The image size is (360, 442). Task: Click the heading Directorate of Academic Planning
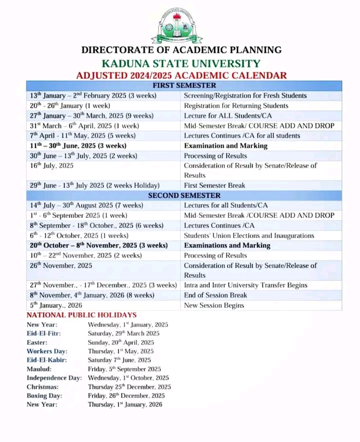[x=181, y=50]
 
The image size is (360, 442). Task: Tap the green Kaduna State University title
[x=180, y=63]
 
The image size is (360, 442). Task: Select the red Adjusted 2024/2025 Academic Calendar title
[x=181, y=75]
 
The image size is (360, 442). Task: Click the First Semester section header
[x=184, y=85]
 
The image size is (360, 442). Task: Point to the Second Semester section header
[x=184, y=195]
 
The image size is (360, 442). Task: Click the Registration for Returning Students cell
[x=236, y=105]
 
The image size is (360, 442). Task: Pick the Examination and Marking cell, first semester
[x=225, y=145]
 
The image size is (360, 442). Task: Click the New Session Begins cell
[x=214, y=305]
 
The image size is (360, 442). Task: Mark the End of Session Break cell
[x=215, y=295]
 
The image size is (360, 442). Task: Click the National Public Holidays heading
[x=81, y=315]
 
